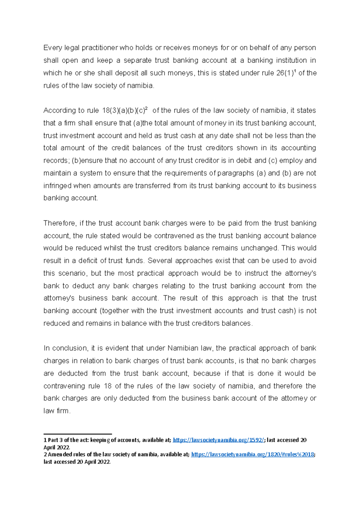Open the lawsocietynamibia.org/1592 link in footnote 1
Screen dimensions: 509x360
[219, 440]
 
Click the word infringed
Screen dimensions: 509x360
[57, 186]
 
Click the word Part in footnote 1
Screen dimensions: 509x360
[53, 440]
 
